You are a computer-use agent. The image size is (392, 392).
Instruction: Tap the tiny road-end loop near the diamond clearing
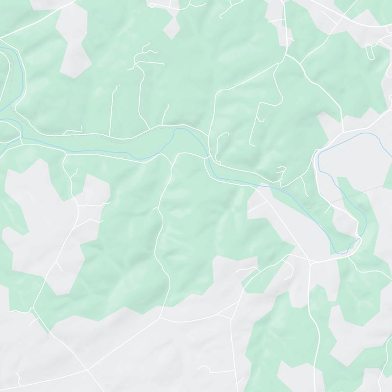coord(152,5)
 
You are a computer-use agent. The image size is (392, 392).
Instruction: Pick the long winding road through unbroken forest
coord(162,235)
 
